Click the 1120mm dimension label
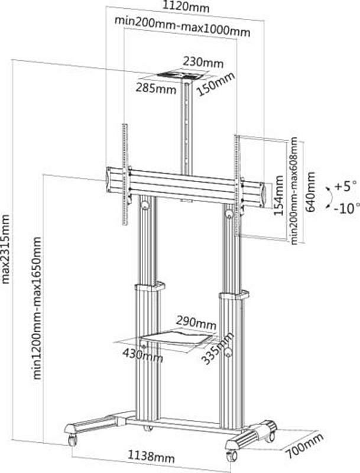[x=186, y=7]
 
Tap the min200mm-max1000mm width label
[x=183, y=26]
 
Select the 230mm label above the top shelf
[x=203, y=62]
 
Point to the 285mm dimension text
[x=156, y=88]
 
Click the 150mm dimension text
[x=215, y=85]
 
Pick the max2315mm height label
[x=6, y=248]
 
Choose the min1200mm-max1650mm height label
[x=37, y=307]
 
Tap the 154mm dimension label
[x=280, y=196]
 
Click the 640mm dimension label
[x=310, y=192]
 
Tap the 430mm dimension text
[x=142, y=355]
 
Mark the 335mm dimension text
[x=218, y=348]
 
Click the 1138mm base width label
[x=151, y=456]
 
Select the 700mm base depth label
[x=305, y=445]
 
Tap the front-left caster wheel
[x=72, y=440]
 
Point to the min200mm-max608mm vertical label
[x=294, y=190]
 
